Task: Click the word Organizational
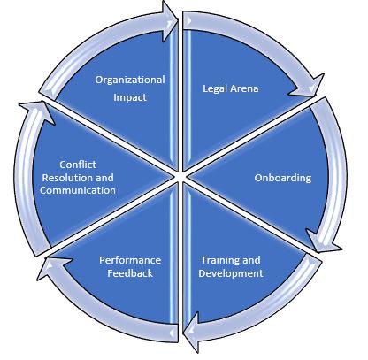click(130, 80)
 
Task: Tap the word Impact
click(130, 99)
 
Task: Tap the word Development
click(231, 273)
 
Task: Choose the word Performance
click(130, 260)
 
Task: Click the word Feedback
click(130, 274)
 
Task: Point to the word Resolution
click(65, 177)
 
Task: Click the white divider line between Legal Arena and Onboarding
click(248, 140)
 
